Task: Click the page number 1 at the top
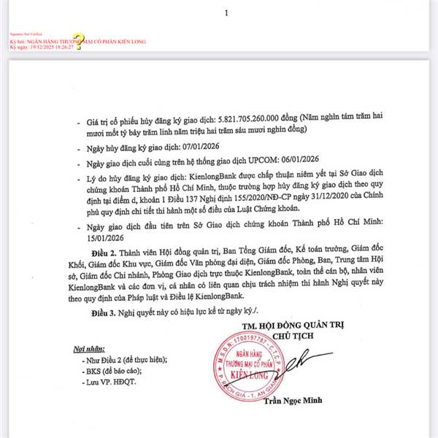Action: [x=227, y=13]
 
